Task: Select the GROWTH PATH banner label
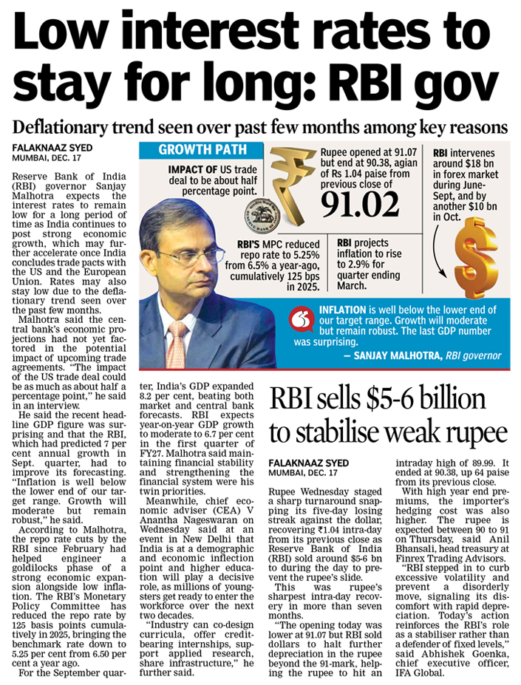[x=197, y=151]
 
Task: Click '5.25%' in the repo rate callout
[x=300, y=253]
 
